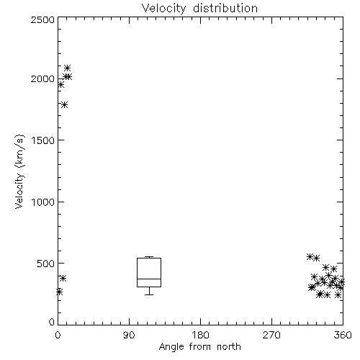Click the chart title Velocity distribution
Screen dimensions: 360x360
coord(199,8)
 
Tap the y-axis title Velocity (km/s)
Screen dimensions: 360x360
coord(19,171)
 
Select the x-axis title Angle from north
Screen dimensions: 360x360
coord(199,347)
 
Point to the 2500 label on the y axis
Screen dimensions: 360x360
coord(42,19)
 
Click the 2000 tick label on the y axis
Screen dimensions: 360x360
coord(42,78)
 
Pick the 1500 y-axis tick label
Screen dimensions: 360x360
coord(43,140)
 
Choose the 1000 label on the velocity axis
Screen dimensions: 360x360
coord(43,202)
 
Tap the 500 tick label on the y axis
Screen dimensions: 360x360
coord(46,264)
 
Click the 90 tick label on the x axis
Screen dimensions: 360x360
coord(129,335)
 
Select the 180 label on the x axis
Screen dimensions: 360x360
coord(200,335)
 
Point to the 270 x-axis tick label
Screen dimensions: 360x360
coord(271,335)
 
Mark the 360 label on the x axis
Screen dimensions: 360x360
coord(343,335)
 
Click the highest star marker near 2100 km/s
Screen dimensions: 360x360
coord(68,68)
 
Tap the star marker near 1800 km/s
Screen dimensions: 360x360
coord(64,104)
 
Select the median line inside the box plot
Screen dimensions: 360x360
coord(149,279)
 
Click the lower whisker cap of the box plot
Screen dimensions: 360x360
coord(149,294)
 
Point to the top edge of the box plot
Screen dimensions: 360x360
coord(149,258)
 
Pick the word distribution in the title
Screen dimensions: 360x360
coord(225,8)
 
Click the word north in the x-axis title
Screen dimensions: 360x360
coord(229,347)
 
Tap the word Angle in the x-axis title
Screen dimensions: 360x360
coord(171,347)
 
